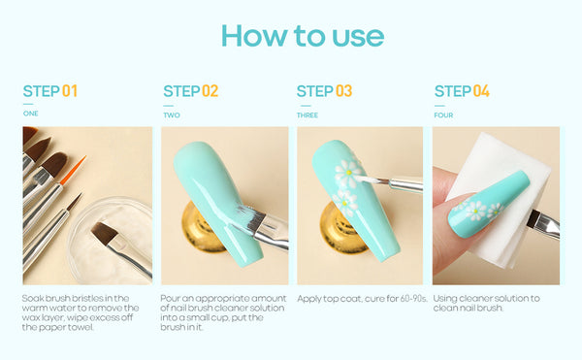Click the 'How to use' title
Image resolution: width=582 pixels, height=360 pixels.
[x=303, y=36]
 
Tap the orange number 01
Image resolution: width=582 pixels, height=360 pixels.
[x=70, y=91]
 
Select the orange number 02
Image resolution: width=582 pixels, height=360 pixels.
[x=210, y=91]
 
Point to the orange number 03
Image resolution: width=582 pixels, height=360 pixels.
[x=343, y=91]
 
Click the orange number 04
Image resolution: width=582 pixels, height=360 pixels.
[x=481, y=91]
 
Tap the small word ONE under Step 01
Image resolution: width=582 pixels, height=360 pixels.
[x=30, y=114]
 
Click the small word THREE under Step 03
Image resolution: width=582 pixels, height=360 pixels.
[x=307, y=115]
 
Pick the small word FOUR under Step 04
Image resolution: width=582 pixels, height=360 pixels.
[x=443, y=115]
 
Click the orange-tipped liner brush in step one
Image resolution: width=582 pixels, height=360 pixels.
[x=73, y=171]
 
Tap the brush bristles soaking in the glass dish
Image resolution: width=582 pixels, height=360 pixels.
[x=105, y=233]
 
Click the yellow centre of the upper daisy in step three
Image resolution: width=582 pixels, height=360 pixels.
[x=348, y=173]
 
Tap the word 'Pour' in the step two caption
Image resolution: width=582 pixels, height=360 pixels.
[x=169, y=299]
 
